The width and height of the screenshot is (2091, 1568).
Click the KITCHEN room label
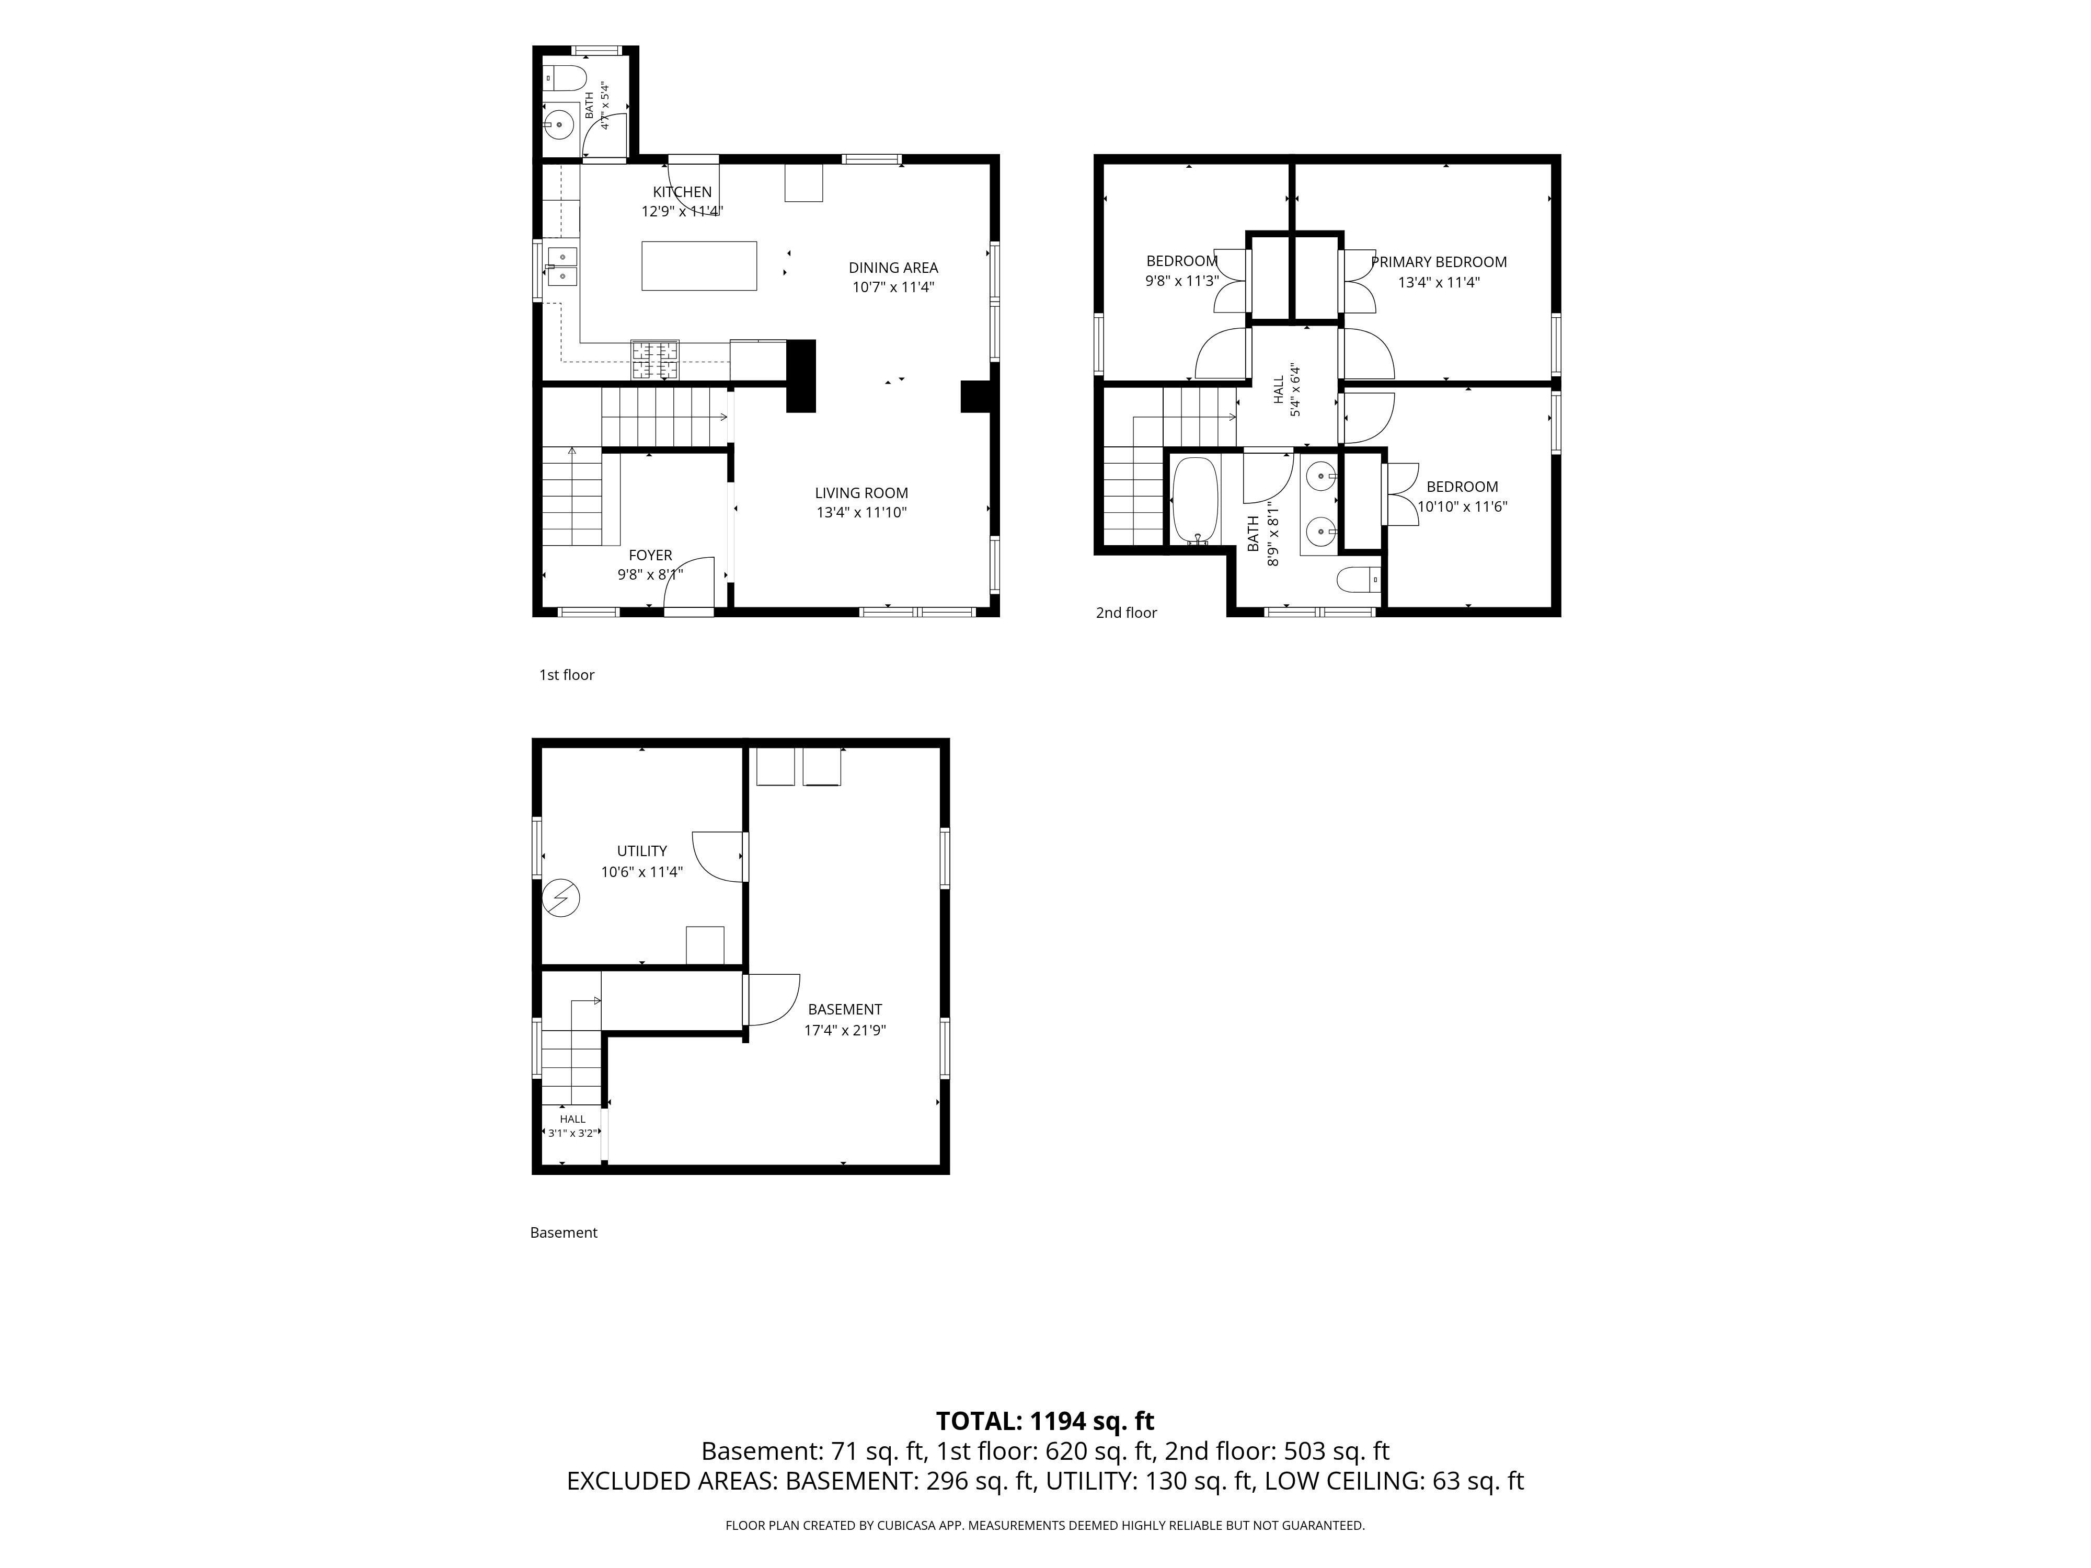point(682,192)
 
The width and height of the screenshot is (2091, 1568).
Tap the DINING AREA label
point(893,268)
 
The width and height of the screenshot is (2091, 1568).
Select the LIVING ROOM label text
point(861,492)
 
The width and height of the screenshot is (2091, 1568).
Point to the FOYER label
point(650,555)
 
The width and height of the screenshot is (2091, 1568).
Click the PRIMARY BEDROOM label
point(1439,262)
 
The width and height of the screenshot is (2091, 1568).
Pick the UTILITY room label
point(642,850)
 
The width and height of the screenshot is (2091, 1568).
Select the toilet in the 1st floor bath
point(565,76)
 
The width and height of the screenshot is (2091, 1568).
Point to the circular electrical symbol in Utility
point(560,898)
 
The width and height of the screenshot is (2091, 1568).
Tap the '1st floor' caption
point(566,675)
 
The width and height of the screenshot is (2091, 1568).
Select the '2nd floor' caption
point(1126,613)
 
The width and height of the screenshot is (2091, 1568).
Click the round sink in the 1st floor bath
point(560,123)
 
